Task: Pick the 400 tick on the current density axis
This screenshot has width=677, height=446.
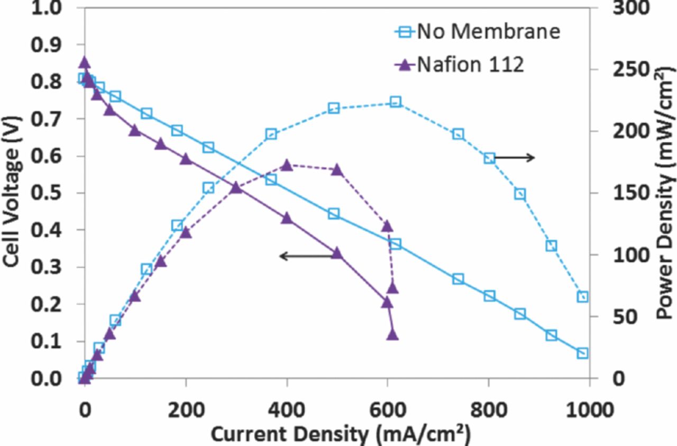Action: (x=286, y=409)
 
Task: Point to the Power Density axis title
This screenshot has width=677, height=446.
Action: (x=664, y=193)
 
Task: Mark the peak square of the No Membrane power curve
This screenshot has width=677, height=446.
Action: (x=395, y=102)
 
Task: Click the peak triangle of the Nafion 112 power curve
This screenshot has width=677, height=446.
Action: (x=286, y=165)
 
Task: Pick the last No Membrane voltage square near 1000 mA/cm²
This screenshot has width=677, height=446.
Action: (x=582, y=353)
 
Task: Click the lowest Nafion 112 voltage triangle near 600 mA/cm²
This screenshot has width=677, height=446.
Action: (x=392, y=334)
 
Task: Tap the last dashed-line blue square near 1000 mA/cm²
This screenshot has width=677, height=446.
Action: (x=582, y=297)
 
